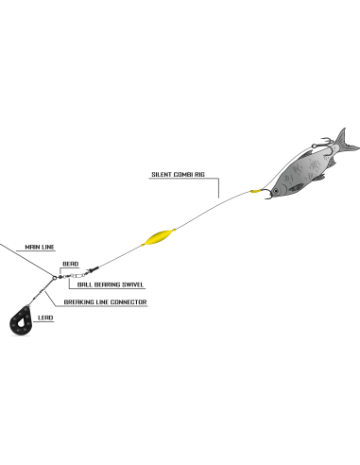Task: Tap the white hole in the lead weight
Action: point(22,322)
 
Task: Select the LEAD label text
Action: point(45,318)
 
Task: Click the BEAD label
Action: point(71,264)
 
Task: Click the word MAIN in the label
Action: point(32,247)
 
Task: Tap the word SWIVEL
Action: point(132,284)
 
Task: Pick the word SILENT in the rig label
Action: point(161,174)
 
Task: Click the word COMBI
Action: point(182,174)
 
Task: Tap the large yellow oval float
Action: point(159,237)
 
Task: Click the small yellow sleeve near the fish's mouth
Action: point(255,191)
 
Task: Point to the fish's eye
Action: point(276,191)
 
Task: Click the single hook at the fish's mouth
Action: point(267,194)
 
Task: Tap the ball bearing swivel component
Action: point(76,275)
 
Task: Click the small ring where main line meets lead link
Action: point(55,278)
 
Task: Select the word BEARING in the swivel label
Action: point(108,284)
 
